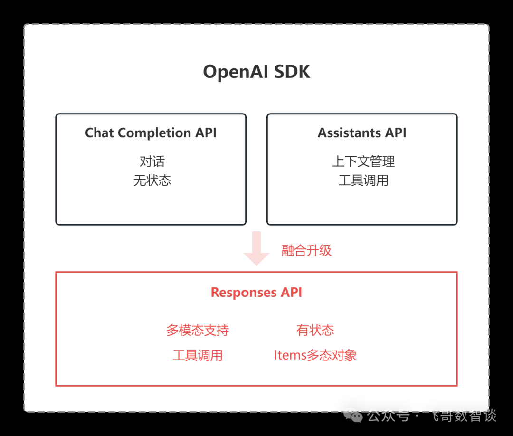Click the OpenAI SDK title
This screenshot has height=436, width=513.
point(256,72)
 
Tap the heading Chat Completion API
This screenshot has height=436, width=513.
point(151,133)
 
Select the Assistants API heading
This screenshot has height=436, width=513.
point(362,133)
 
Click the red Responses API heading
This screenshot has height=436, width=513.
point(256,293)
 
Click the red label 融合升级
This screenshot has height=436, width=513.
point(306,251)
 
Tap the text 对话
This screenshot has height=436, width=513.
point(152,161)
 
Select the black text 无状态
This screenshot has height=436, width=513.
point(152,180)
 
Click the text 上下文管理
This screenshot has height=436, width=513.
point(363,161)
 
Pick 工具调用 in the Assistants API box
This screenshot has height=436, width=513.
point(363,180)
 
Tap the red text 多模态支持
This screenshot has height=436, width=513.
point(198,330)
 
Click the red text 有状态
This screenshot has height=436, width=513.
point(315,330)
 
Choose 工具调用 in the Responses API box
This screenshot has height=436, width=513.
point(198,355)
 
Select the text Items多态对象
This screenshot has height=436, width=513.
point(315,355)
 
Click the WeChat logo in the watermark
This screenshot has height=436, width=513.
point(353,416)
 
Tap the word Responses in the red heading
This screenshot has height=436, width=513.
point(244,293)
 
